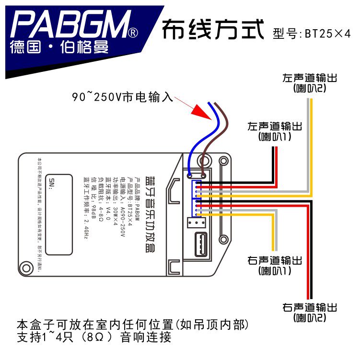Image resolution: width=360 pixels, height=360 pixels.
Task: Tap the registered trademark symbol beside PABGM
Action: (134, 33)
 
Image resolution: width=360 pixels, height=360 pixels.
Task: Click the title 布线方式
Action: (213, 30)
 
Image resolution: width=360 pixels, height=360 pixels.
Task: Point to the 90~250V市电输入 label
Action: (122, 97)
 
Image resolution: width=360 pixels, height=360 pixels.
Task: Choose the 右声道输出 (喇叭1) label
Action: (275, 265)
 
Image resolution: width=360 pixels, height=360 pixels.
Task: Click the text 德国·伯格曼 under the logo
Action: (58, 48)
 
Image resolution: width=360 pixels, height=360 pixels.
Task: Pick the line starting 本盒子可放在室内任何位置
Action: (133, 325)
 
